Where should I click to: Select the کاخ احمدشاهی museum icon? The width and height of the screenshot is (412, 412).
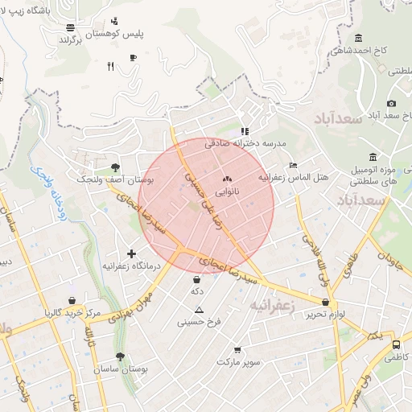click(358, 38)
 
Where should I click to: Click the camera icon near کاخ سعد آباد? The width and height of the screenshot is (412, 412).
click(391, 103)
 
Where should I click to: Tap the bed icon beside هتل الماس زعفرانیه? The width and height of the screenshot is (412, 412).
click(293, 164)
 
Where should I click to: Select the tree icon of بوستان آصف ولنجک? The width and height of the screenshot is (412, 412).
click(117, 167)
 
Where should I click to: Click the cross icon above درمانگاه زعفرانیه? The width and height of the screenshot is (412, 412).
click(131, 253)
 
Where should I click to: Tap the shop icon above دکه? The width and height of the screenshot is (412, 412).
click(197, 279)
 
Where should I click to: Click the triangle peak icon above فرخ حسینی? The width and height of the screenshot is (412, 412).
click(200, 310)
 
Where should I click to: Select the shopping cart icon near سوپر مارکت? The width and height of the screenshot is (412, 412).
click(237, 350)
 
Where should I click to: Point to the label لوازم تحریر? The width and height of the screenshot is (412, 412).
click(325, 314)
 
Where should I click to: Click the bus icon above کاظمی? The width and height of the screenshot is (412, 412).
click(396, 344)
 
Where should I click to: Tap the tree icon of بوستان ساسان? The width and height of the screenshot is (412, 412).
click(120, 356)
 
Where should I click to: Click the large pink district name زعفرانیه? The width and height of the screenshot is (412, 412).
click(273, 306)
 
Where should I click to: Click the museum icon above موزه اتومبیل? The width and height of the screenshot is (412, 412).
click(372, 157)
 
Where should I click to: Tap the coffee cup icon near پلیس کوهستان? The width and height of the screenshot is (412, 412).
click(133, 57)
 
